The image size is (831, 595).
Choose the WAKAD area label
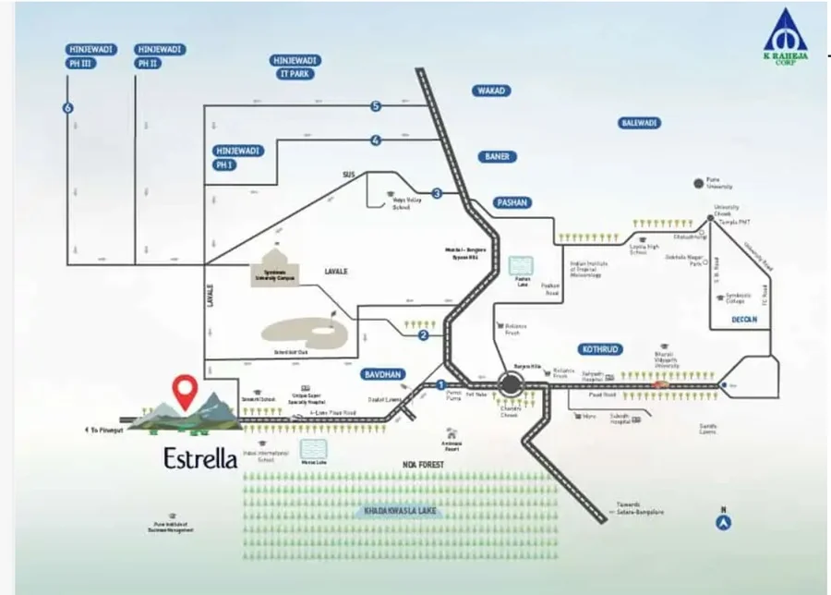pos(492,91)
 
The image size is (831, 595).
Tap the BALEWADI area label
pos(640,122)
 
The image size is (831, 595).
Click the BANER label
pos(497,157)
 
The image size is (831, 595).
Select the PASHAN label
pos(512,202)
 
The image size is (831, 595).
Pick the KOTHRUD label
pos(603,349)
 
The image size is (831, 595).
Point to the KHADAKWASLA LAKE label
pos(400,510)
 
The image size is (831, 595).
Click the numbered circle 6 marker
pos(67,108)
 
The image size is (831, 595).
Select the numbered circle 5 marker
pos(376,107)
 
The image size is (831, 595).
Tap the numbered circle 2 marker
pos(424,335)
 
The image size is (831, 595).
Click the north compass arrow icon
pos(725,522)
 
